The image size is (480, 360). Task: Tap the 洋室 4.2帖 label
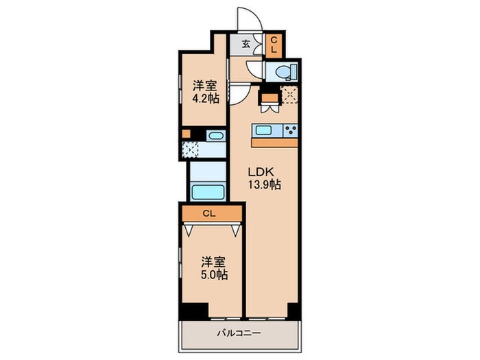tap(204, 92)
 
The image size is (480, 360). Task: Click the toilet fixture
tap(282, 71)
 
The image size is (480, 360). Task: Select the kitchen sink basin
tap(265, 130)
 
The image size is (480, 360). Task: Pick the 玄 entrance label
tap(245, 45)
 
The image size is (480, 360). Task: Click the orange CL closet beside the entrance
tap(272, 45)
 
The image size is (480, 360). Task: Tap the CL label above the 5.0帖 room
tap(212, 214)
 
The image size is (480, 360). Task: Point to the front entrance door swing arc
tap(246, 19)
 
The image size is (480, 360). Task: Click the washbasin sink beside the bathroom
tap(215, 135)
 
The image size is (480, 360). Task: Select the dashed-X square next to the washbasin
tap(191, 149)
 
